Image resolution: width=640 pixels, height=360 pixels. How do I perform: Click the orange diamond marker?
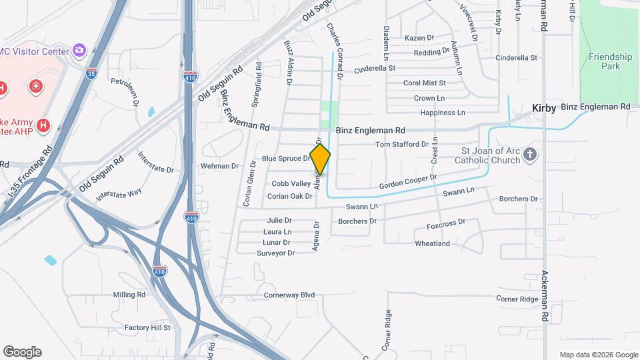coord(320,159)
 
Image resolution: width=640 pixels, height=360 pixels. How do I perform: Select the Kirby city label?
coord(544,108)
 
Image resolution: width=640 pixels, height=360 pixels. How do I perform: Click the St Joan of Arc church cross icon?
coord(530,155)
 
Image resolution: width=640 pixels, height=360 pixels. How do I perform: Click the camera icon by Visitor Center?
coord(79,50)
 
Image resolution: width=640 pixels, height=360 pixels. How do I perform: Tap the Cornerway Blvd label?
coord(289,295)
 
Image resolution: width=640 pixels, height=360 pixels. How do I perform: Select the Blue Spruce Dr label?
coord(286,158)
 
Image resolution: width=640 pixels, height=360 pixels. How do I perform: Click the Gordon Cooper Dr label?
coord(408,181)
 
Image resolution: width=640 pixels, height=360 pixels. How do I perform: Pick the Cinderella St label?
coord(375,68)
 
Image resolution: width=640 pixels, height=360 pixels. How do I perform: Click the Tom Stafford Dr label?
coord(402,144)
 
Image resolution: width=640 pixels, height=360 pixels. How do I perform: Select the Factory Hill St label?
coord(147,327)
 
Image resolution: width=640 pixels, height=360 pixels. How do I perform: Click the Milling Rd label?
coord(129,295)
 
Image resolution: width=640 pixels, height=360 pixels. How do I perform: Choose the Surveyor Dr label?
coord(275,253)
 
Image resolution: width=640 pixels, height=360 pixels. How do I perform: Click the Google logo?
coord(22,352)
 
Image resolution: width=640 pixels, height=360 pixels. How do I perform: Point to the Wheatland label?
coord(432,243)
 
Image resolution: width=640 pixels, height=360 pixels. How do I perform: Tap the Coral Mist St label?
coord(425,83)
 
